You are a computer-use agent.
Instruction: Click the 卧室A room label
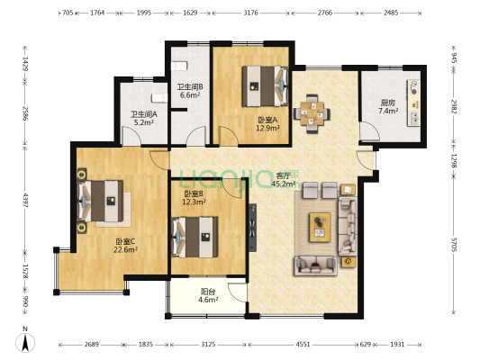(x=267, y=121)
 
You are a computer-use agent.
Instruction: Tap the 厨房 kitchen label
(x=388, y=103)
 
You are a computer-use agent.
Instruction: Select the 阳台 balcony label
(x=208, y=292)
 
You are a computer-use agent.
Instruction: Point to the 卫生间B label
(x=190, y=87)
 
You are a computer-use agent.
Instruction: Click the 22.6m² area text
(x=125, y=249)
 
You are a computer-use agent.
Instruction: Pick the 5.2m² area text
(x=144, y=122)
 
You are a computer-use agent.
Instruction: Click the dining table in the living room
(x=312, y=113)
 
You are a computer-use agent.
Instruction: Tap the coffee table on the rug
(x=320, y=228)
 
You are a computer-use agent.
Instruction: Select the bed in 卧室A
(x=265, y=86)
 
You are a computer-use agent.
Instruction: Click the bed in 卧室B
(x=195, y=237)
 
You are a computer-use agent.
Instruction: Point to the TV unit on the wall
(x=252, y=228)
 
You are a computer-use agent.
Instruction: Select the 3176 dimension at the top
(x=250, y=13)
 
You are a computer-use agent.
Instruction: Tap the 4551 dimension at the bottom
(x=303, y=345)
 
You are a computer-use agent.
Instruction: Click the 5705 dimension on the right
(x=454, y=244)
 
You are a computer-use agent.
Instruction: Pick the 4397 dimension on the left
(x=25, y=200)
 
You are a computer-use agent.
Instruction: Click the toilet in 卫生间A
(x=159, y=98)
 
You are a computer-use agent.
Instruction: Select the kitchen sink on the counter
(x=414, y=119)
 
